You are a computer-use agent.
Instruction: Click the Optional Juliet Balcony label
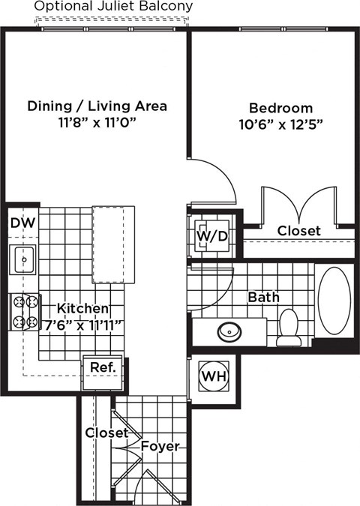tap(113, 7)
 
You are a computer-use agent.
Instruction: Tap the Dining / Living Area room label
tap(97, 106)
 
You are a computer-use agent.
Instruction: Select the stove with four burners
tap(24, 313)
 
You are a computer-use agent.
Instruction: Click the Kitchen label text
tap(83, 308)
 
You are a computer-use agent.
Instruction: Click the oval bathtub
tap(334, 299)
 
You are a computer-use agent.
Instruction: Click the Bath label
tap(263, 297)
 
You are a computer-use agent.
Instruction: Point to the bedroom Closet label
tap(298, 231)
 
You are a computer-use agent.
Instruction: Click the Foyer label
tap(160, 446)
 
